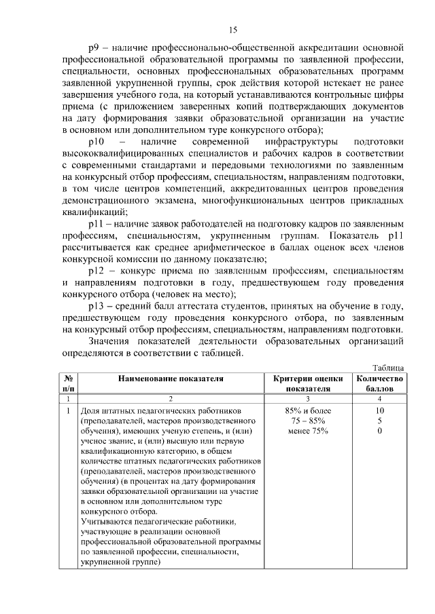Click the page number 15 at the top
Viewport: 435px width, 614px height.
(x=232, y=29)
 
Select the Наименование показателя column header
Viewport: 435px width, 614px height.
(x=171, y=379)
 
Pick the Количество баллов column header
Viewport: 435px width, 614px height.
(x=379, y=384)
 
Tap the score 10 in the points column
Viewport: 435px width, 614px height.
(x=379, y=411)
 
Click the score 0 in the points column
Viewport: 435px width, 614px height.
(x=379, y=431)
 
